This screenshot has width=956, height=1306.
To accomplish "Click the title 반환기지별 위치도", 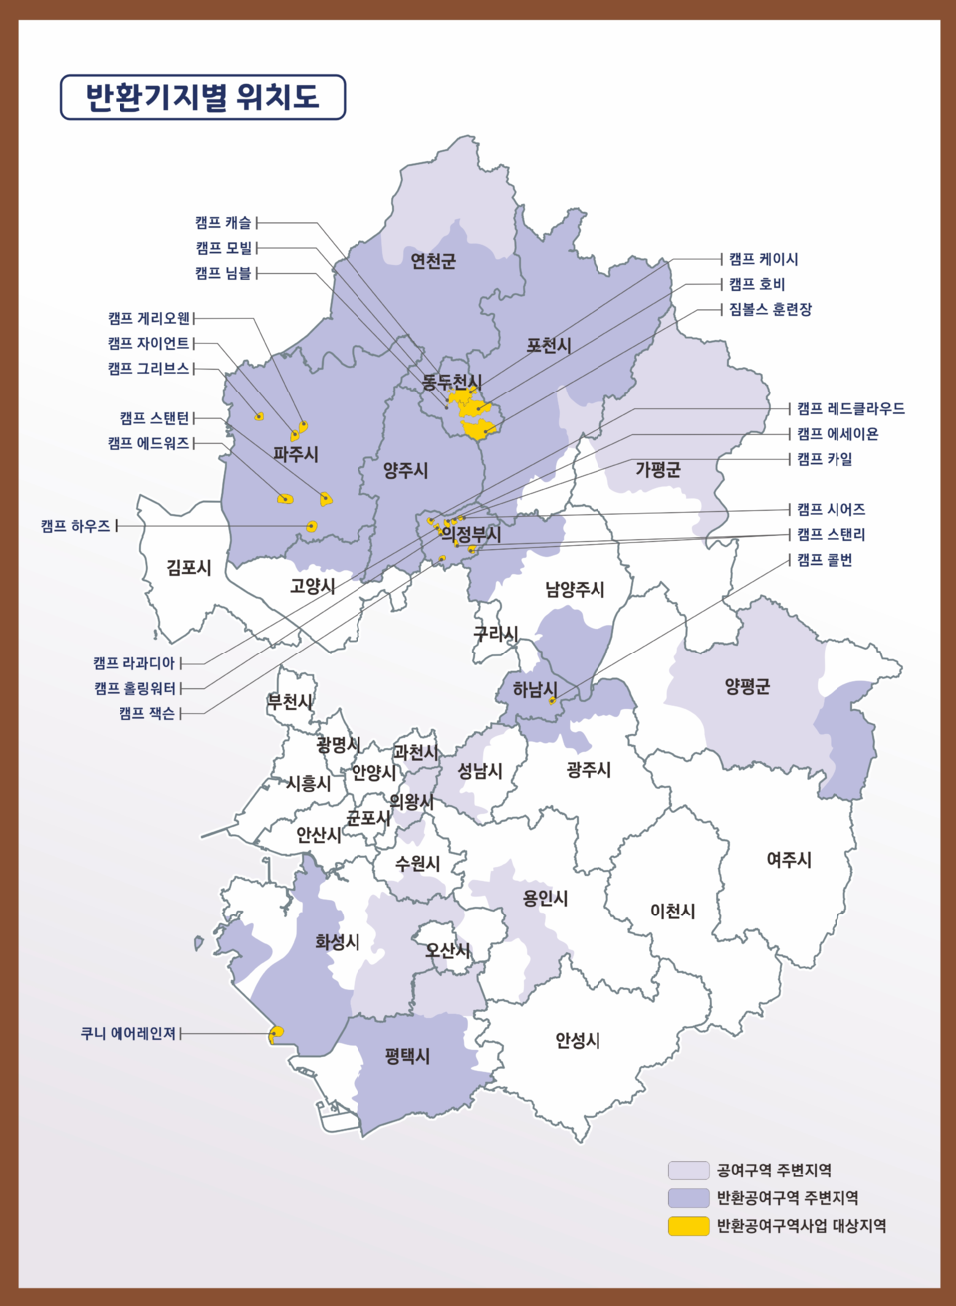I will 202,97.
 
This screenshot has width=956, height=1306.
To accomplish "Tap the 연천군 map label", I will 433,261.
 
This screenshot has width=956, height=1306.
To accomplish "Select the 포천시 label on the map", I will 549,346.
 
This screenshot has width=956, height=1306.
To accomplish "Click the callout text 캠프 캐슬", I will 224,223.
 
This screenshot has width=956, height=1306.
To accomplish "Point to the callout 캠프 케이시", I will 764,259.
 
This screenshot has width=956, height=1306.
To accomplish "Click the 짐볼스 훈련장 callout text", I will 770,309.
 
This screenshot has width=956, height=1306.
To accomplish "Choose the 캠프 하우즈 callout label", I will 76,526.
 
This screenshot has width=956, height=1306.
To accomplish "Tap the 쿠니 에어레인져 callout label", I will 128,1034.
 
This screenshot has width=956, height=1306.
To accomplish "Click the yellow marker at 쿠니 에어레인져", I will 278,1032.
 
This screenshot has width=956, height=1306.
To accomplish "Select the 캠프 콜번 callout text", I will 825,560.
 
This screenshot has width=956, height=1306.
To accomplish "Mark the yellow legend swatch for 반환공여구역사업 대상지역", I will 688,1226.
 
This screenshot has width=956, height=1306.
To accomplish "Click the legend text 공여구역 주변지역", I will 774,1171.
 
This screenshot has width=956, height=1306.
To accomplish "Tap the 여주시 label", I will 789,859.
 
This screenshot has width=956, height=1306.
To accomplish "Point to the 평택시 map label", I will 408,1056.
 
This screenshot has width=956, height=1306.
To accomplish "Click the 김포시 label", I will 189,568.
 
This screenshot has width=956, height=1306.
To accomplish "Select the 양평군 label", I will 747,686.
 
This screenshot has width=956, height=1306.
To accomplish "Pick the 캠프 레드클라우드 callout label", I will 850,409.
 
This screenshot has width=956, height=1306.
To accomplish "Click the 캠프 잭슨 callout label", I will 147,713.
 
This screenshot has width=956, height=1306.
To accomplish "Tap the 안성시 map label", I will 578,1041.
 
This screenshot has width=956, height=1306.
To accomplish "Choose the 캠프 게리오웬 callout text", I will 149,319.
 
